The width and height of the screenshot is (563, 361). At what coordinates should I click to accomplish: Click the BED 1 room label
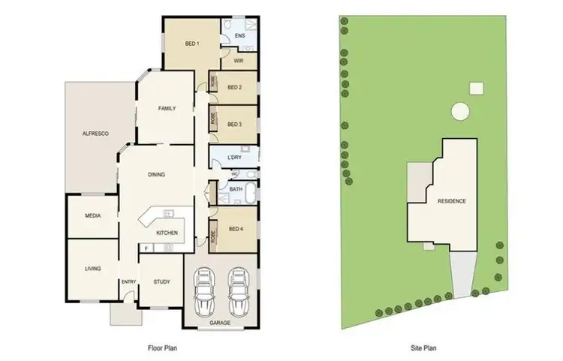(x=192, y=44)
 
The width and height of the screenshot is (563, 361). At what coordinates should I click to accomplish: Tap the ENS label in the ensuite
(x=239, y=36)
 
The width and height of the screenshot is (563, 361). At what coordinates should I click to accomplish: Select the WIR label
(x=238, y=61)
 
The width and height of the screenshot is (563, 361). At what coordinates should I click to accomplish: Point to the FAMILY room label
(x=167, y=109)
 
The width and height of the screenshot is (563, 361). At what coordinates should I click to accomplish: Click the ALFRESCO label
(x=95, y=134)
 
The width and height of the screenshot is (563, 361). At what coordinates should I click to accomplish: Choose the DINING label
(x=156, y=175)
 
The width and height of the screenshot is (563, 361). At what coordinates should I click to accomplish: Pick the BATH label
(x=235, y=190)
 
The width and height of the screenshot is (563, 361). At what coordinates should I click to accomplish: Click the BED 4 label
(x=236, y=228)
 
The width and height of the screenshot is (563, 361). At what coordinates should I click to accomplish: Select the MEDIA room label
(x=92, y=215)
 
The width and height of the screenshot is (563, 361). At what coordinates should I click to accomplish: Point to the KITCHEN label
(x=167, y=233)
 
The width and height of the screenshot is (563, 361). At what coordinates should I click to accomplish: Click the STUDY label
(x=161, y=282)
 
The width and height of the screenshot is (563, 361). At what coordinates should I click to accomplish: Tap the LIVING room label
(x=92, y=269)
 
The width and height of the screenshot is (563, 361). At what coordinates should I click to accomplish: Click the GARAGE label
(x=220, y=323)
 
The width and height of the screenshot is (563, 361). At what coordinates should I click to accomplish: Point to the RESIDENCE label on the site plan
(x=451, y=201)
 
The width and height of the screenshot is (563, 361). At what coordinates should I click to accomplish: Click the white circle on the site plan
(x=459, y=112)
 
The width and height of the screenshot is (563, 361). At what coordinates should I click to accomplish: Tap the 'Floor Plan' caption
(x=161, y=348)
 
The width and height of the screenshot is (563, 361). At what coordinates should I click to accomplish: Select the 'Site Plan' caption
(x=424, y=348)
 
